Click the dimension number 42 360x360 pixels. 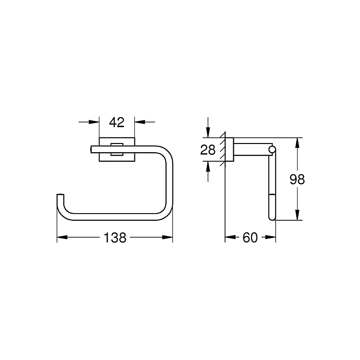click(x=117, y=122)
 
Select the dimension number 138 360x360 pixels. click(x=115, y=238)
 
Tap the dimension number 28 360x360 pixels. click(x=208, y=150)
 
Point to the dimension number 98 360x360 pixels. click(x=297, y=180)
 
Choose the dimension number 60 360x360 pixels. click(x=250, y=238)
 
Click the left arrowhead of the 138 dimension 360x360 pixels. click(x=62, y=237)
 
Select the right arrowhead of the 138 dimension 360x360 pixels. click(x=168, y=237)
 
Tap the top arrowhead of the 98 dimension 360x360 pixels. click(x=297, y=143)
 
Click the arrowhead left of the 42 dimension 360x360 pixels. click(x=94, y=122)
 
